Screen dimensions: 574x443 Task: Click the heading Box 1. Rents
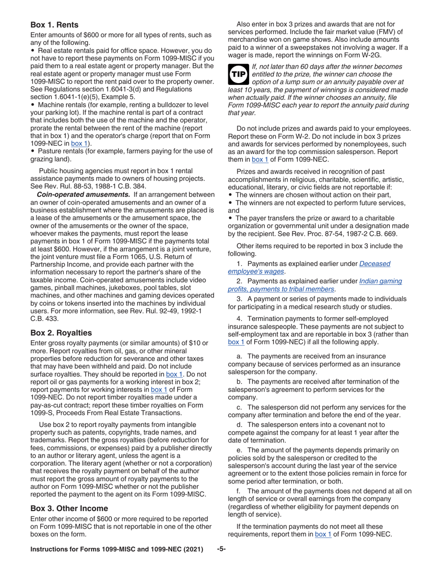click(x=55, y=25)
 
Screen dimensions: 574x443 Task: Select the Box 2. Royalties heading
click(x=61, y=333)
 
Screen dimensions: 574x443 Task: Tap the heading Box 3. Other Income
click(x=69, y=508)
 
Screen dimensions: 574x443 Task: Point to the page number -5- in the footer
click(x=221, y=549)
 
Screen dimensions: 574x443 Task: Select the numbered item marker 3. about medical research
click(x=239, y=299)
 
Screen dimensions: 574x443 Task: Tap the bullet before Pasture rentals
click(x=33, y=151)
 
